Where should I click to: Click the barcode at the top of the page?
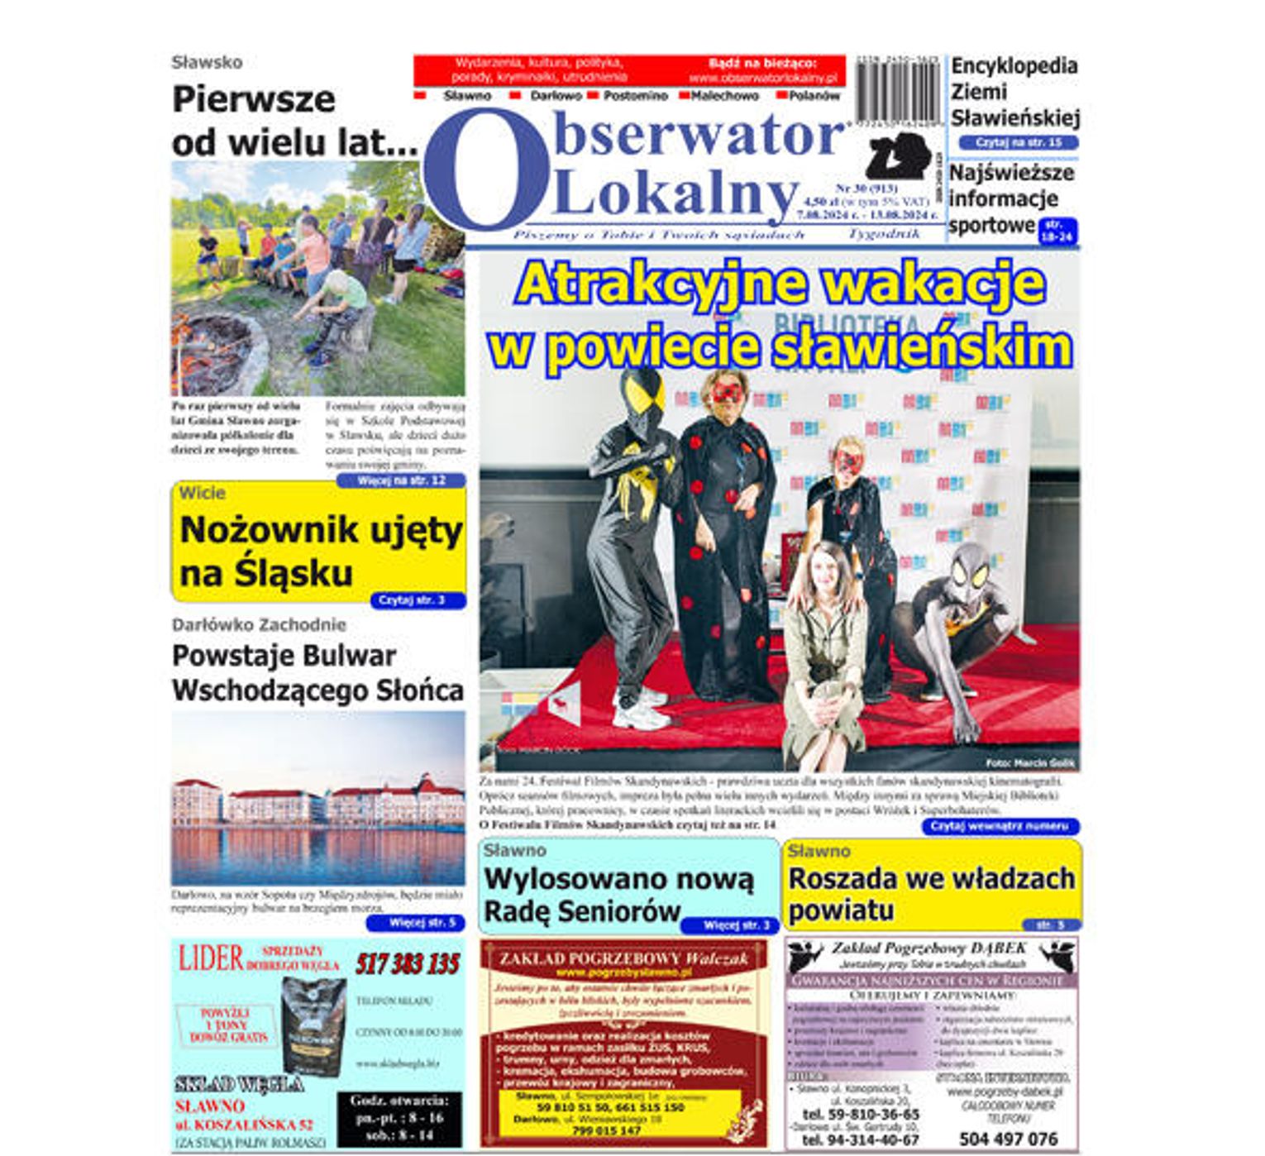point(898,91)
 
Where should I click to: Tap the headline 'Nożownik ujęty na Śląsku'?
point(319,550)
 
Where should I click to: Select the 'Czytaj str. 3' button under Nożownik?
point(411,600)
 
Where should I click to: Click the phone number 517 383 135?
point(408,964)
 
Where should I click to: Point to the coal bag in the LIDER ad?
point(313,1025)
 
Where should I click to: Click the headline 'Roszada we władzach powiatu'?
point(931,893)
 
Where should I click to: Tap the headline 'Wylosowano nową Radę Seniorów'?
point(618,895)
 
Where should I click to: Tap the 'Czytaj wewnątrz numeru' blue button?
point(1000,826)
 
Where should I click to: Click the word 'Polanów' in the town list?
point(814,96)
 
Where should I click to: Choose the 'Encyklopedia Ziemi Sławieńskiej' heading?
point(1014,92)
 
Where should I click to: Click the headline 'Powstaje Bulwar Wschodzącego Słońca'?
point(317,672)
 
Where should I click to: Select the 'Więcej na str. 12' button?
point(401,480)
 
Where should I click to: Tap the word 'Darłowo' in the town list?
point(556,96)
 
